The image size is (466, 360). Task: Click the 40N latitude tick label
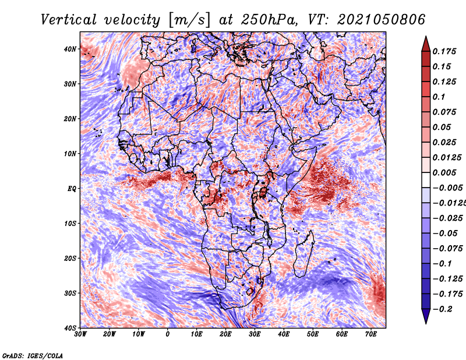point(70,49)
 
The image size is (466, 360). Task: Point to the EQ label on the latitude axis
point(72,189)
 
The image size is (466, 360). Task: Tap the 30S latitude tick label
point(70,294)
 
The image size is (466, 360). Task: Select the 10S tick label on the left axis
point(70,224)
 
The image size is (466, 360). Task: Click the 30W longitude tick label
point(80,334)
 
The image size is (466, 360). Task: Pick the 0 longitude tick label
point(167,334)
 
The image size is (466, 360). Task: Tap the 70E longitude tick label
point(370,334)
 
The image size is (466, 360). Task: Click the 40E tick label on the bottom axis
point(284,334)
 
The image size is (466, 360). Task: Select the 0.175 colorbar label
point(444,51)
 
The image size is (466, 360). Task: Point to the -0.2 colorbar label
point(442,309)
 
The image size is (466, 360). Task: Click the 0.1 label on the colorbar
point(439,97)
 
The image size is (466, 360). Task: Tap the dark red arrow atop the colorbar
point(426,44)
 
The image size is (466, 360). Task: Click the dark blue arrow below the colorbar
point(426,316)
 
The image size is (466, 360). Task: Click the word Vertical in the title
point(68,20)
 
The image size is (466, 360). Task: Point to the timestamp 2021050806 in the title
point(381,20)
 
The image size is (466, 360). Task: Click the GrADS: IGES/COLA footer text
point(33,355)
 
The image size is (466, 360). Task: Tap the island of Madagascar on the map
point(303,254)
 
